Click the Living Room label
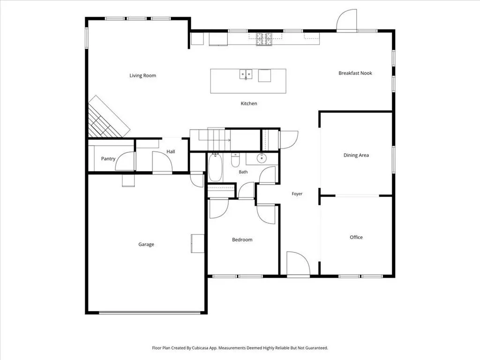(x=142, y=75)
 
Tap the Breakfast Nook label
(x=355, y=73)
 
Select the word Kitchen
(x=249, y=104)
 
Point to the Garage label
(x=146, y=244)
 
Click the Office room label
(x=356, y=237)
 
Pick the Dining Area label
(x=356, y=155)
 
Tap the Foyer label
(x=297, y=194)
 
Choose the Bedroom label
(x=242, y=240)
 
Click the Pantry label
(x=108, y=158)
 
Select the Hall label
(x=171, y=151)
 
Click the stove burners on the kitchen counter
(x=264, y=39)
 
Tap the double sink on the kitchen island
(x=246, y=74)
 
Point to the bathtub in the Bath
(x=215, y=167)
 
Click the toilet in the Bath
(x=235, y=160)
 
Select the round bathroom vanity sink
(x=262, y=158)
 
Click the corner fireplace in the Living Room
(x=107, y=118)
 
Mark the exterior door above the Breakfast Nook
(x=346, y=20)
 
